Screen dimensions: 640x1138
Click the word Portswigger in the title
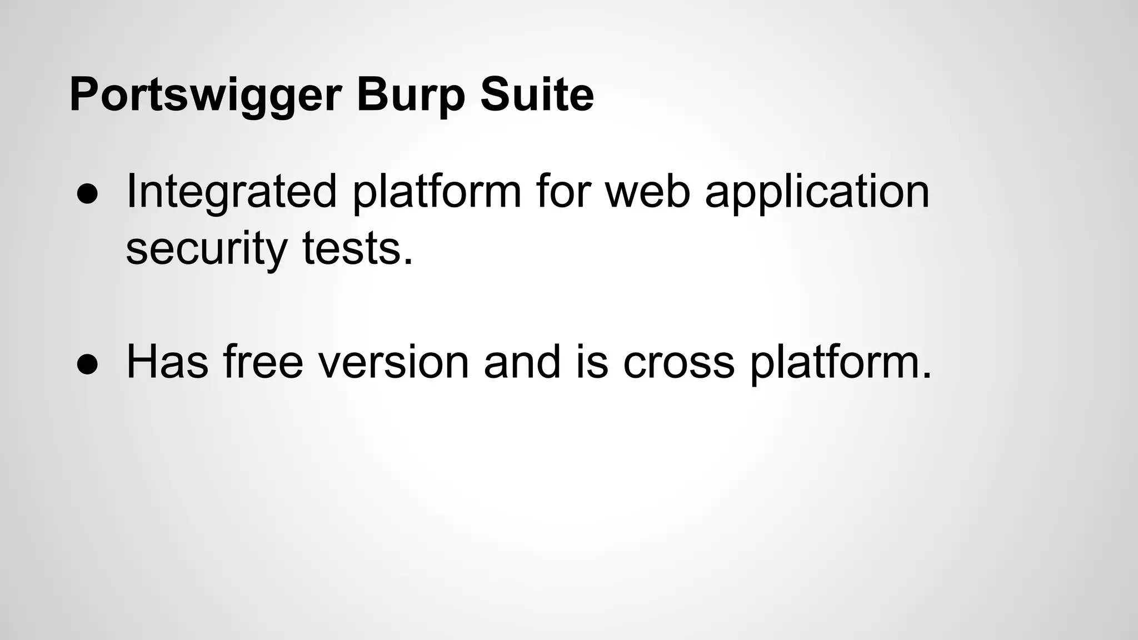coord(204,96)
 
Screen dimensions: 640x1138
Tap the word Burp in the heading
coord(410,96)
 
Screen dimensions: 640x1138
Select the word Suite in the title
coord(537,96)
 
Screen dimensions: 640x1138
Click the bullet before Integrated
coord(88,193)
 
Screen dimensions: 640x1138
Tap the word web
coord(647,192)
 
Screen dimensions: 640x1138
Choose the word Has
coord(167,363)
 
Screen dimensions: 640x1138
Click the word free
coord(263,363)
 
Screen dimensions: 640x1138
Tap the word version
coord(393,363)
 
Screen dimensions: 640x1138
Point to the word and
coord(522,363)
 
